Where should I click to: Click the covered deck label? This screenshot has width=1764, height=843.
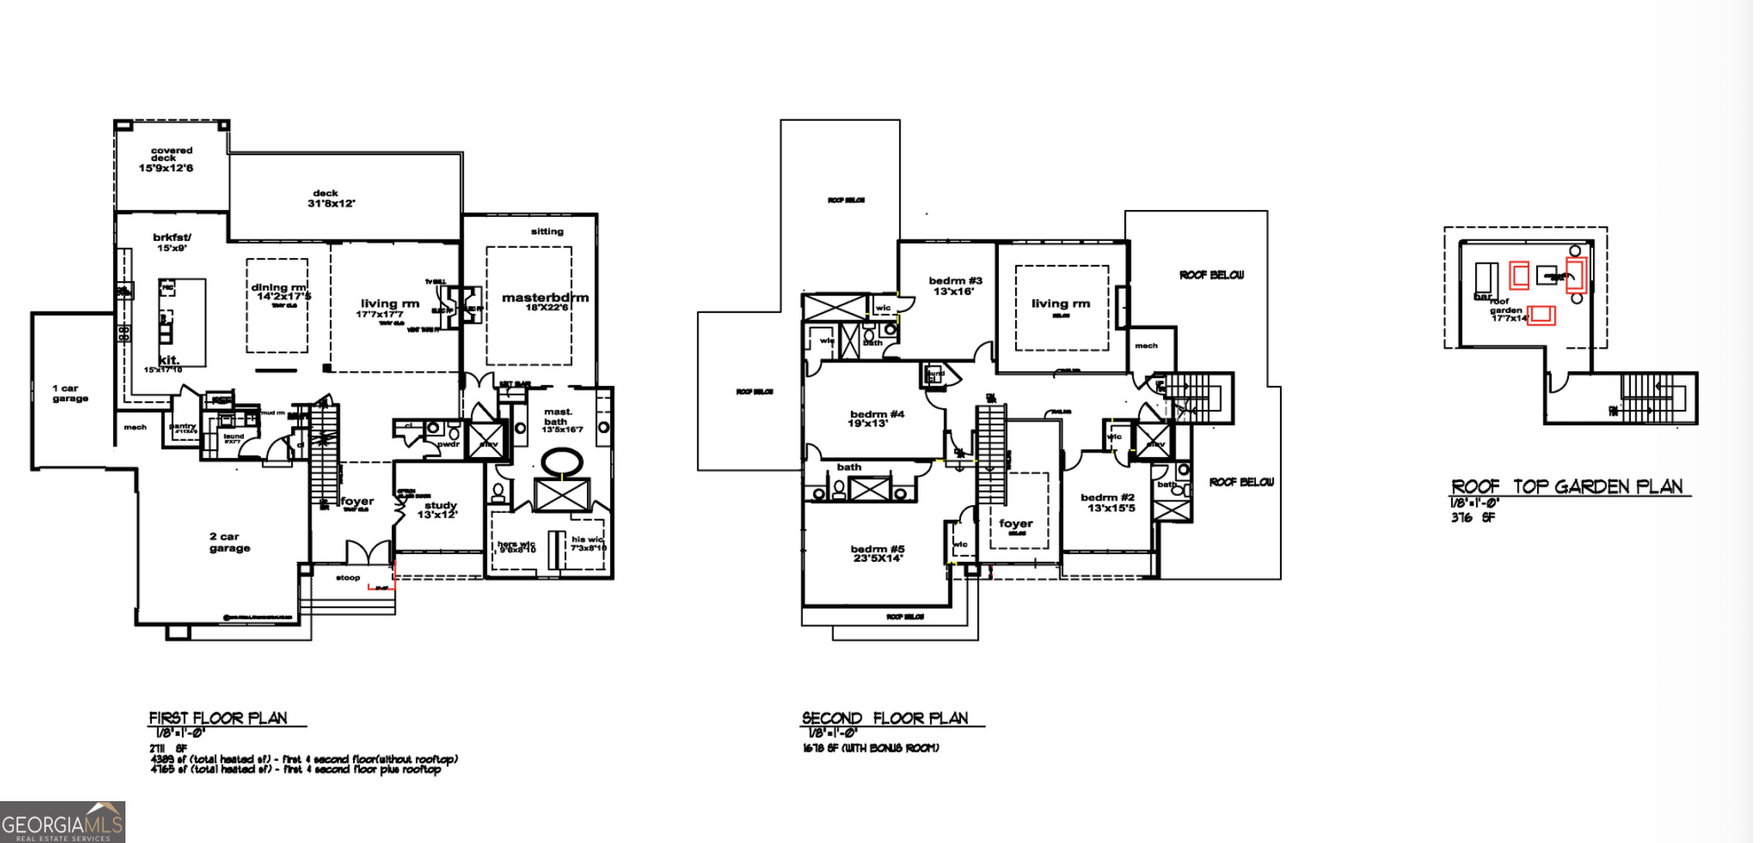pyautogui.click(x=171, y=154)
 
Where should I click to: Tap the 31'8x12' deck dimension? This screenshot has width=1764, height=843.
pyautogui.click(x=331, y=204)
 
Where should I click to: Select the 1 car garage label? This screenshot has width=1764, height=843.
pyautogui.click(x=70, y=393)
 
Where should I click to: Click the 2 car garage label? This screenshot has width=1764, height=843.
pyautogui.click(x=229, y=542)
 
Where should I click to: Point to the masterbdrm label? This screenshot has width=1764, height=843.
pyautogui.click(x=544, y=298)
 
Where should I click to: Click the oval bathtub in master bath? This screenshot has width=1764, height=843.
pyautogui.click(x=561, y=463)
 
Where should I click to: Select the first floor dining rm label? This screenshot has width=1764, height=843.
pyautogui.click(x=279, y=287)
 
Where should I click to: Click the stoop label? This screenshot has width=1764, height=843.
pyautogui.click(x=348, y=577)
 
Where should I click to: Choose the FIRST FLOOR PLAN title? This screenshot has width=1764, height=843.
pyautogui.click(x=218, y=718)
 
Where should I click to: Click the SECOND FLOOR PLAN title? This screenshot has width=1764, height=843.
pyautogui.click(x=884, y=718)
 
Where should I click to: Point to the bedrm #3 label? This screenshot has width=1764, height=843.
pyautogui.click(x=955, y=280)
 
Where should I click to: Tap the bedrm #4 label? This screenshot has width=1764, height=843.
pyautogui.click(x=877, y=415)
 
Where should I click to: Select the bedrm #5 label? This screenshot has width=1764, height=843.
pyautogui.click(x=877, y=549)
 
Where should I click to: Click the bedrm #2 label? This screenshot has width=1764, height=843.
pyautogui.click(x=1107, y=497)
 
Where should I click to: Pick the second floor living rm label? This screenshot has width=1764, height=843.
pyautogui.click(x=1060, y=304)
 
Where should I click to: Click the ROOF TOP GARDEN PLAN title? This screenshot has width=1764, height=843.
pyautogui.click(x=1567, y=487)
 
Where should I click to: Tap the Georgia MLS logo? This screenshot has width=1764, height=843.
pyautogui.click(x=62, y=823)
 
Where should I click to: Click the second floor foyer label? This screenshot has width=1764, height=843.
pyautogui.click(x=1015, y=524)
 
